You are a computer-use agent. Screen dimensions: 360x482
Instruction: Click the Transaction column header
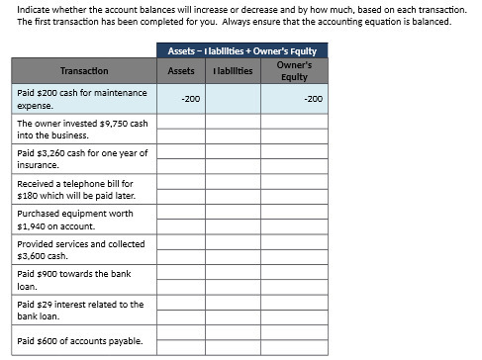[84, 71]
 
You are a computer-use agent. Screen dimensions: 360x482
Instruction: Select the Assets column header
[181, 71]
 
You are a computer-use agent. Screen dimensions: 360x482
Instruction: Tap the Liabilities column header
[233, 71]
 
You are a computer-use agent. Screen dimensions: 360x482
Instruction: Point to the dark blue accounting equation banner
[242, 50]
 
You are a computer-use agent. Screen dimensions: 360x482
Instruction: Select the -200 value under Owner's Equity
[313, 99]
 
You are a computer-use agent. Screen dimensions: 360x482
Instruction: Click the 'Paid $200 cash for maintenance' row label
[82, 98]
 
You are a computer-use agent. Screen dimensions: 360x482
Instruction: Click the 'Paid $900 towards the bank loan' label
[74, 280]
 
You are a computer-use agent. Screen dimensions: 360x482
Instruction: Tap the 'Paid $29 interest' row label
[80, 311]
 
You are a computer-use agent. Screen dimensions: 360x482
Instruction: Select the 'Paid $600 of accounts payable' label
[80, 341]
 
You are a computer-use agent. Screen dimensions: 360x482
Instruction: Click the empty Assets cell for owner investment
[181, 129]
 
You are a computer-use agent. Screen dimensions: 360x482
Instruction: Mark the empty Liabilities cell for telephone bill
[233, 189]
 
